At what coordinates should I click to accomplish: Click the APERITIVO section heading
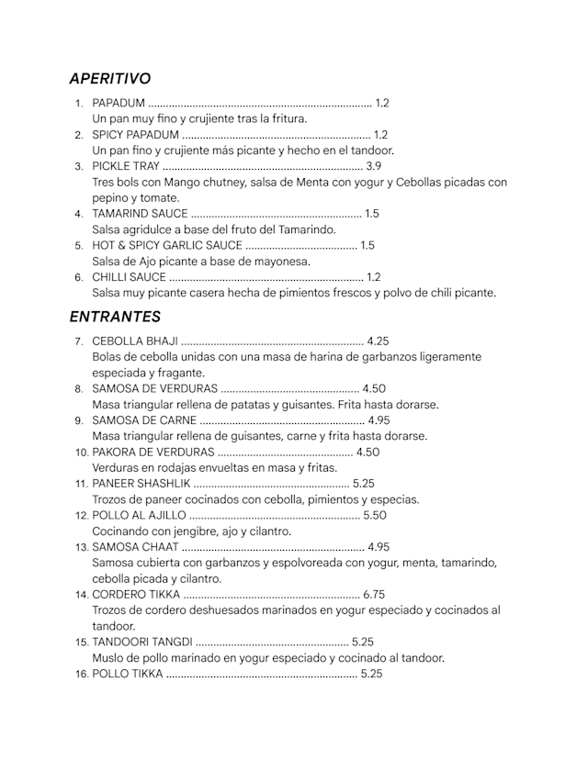[x=110, y=79]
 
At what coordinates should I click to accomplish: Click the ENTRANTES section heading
[x=115, y=317]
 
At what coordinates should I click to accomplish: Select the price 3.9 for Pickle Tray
[x=373, y=166]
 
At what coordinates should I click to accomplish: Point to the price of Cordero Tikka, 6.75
[x=374, y=595]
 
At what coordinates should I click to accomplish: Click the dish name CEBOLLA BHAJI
[x=135, y=341]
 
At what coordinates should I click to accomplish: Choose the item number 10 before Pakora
[x=81, y=453]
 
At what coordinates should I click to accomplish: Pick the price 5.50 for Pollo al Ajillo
[x=375, y=516]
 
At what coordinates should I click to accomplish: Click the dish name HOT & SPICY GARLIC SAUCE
[x=167, y=245]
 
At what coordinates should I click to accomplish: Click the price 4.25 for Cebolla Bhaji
[x=378, y=341]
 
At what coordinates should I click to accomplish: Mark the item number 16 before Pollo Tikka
[x=81, y=675]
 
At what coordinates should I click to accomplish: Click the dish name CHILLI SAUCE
[x=130, y=277]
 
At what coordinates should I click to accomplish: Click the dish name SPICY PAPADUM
[x=136, y=135]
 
